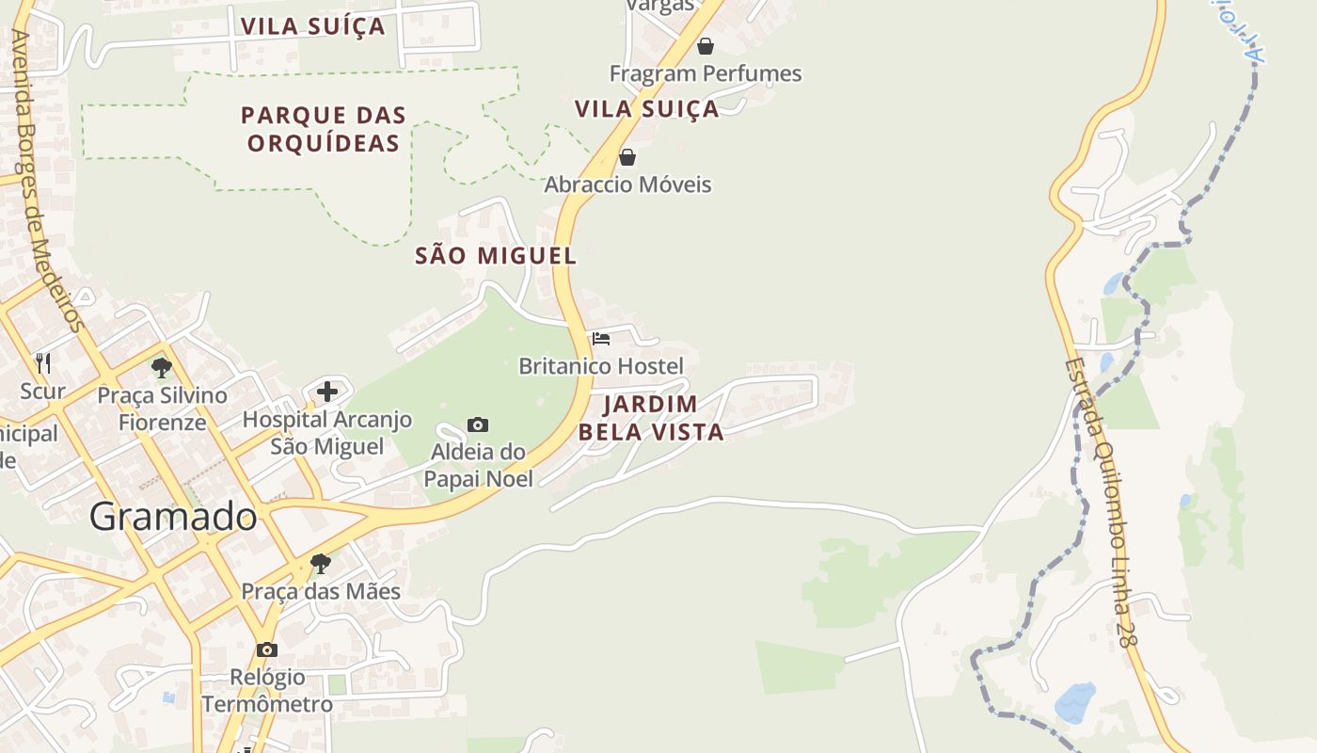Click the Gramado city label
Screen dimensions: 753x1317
pyautogui.click(x=173, y=516)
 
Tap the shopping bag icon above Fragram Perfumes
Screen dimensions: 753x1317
pyautogui.click(x=706, y=46)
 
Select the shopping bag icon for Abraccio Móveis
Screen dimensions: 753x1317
pyautogui.click(x=627, y=157)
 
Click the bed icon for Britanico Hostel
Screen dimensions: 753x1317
pyautogui.click(x=601, y=339)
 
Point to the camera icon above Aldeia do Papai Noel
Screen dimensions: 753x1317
pyautogui.click(x=478, y=425)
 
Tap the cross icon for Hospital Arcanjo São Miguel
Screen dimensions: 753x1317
pyautogui.click(x=327, y=392)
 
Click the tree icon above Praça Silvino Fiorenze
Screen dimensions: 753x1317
pyautogui.click(x=162, y=368)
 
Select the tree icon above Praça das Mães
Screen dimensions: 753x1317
pyautogui.click(x=321, y=564)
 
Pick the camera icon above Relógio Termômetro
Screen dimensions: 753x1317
pyautogui.click(x=267, y=649)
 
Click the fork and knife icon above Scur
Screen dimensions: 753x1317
pyautogui.click(x=42, y=362)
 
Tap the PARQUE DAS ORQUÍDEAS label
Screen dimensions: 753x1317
pyautogui.click(x=324, y=129)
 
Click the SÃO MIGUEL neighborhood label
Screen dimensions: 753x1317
pyautogui.click(x=496, y=255)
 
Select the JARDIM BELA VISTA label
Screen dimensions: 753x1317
pyautogui.click(x=651, y=418)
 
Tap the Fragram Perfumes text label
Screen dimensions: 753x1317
pyautogui.click(x=706, y=73)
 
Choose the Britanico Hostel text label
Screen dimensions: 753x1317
pyautogui.click(x=601, y=366)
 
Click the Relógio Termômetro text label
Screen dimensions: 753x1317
pyautogui.click(x=267, y=691)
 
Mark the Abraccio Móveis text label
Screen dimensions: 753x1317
pyautogui.click(x=627, y=184)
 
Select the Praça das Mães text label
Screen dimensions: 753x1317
pyautogui.click(x=321, y=591)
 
